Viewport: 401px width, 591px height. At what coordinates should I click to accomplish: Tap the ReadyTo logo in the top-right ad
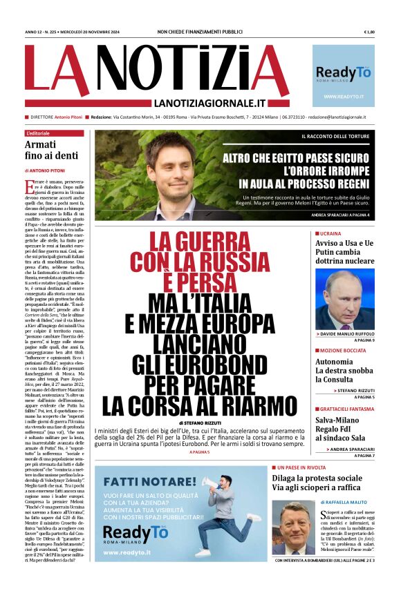[344, 72]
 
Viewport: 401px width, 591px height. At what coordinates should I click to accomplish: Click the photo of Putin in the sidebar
[345, 299]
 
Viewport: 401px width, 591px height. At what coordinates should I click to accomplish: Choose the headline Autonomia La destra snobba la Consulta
[344, 371]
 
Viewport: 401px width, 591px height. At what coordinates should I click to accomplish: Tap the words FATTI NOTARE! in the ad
[142, 480]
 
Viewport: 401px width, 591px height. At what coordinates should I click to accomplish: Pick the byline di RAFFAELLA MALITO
[345, 503]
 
